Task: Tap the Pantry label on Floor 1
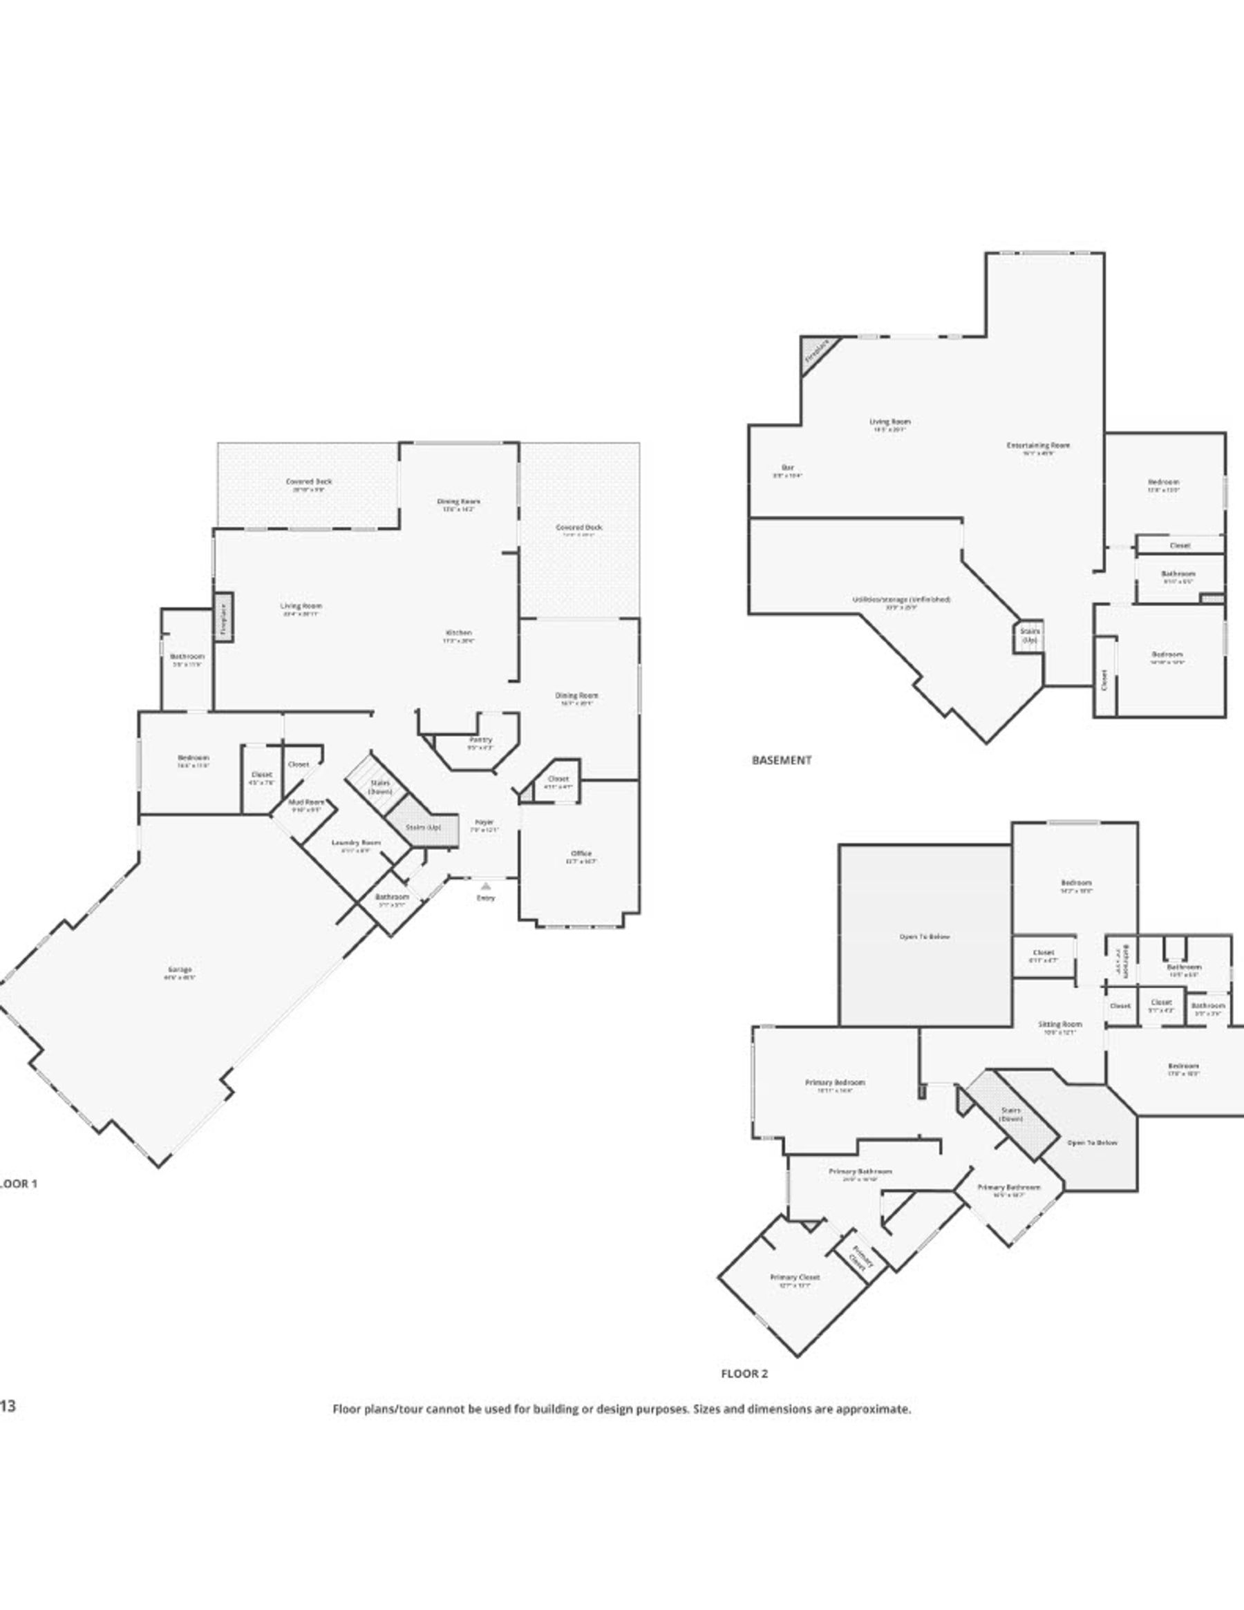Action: tap(480, 740)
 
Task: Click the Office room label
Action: tap(581, 853)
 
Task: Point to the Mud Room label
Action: tap(306, 802)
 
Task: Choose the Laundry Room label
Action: tap(356, 842)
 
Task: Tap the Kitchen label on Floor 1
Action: tap(459, 633)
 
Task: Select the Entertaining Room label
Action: tap(1037, 445)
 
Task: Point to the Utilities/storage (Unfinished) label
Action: tap(901, 600)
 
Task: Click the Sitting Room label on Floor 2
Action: tap(1060, 1025)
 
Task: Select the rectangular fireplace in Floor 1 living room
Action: tap(224, 617)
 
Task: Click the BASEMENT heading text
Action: tap(782, 760)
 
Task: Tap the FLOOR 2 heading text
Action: tap(744, 1374)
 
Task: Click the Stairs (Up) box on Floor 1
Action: tap(422, 828)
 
